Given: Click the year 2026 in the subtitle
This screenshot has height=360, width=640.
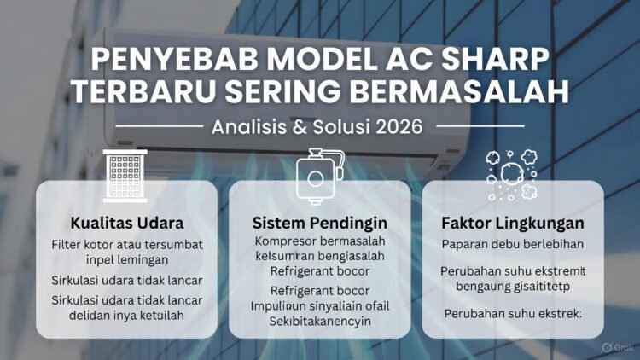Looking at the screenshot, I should pyautogui.click(x=398, y=127).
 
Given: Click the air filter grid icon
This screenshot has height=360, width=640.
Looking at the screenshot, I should pyautogui.click(x=125, y=175).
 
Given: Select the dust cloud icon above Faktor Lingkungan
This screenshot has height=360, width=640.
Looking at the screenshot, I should pyautogui.click(x=511, y=175).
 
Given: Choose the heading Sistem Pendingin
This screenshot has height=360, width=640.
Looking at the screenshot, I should pyautogui.click(x=320, y=224).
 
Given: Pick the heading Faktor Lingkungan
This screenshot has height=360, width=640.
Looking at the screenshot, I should pyautogui.click(x=513, y=224).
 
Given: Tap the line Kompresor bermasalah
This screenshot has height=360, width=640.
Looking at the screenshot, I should pyautogui.click(x=320, y=242).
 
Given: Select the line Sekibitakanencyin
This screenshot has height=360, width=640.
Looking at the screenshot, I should pyautogui.click(x=318, y=321).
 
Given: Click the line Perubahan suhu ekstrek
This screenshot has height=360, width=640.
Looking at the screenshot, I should pyautogui.click(x=513, y=314).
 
